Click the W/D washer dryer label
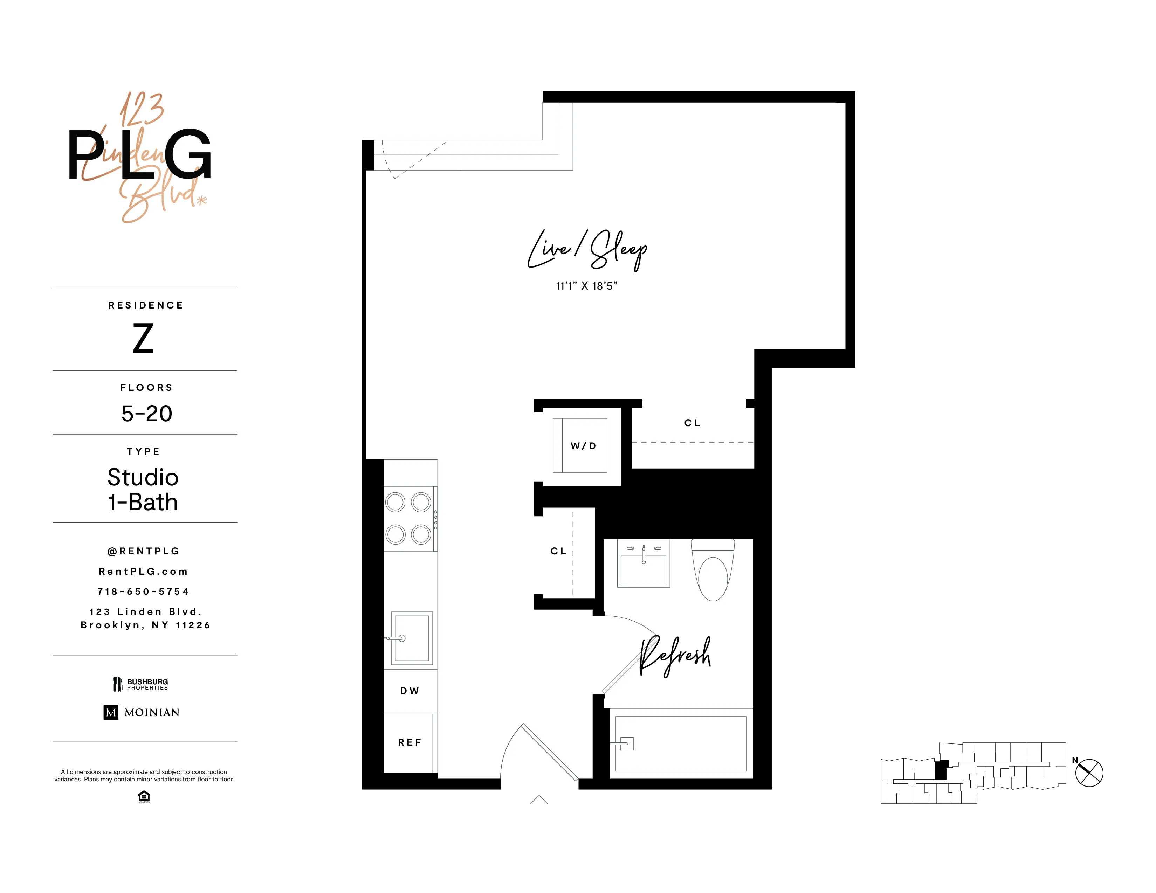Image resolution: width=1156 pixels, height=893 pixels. [x=583, y=446]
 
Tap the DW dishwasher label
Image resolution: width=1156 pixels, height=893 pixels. [x=409, y=690]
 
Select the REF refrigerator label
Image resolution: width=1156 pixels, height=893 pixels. [x=409, y=742]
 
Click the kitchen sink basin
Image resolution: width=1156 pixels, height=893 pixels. [x=412, y=637]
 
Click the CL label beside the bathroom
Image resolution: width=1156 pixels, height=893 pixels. [x=558, y=551]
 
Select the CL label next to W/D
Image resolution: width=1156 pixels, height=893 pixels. [x=692, y=423]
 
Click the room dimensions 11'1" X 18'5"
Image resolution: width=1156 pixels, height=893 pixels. [x=586, y=286]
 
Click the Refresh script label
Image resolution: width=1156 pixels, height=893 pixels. [x=675, y=656]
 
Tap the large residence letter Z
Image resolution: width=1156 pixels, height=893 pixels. [x=143, y=339]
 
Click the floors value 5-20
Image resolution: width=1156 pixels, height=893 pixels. [x=147, y=414]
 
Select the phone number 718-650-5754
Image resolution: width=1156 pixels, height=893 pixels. [x=143, y=591]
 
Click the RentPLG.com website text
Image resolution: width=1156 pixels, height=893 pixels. [x=143, y=572]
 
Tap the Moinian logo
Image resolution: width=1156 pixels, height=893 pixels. [x=141, y=712]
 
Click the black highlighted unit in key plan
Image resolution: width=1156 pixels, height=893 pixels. [x=941, y=770]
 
